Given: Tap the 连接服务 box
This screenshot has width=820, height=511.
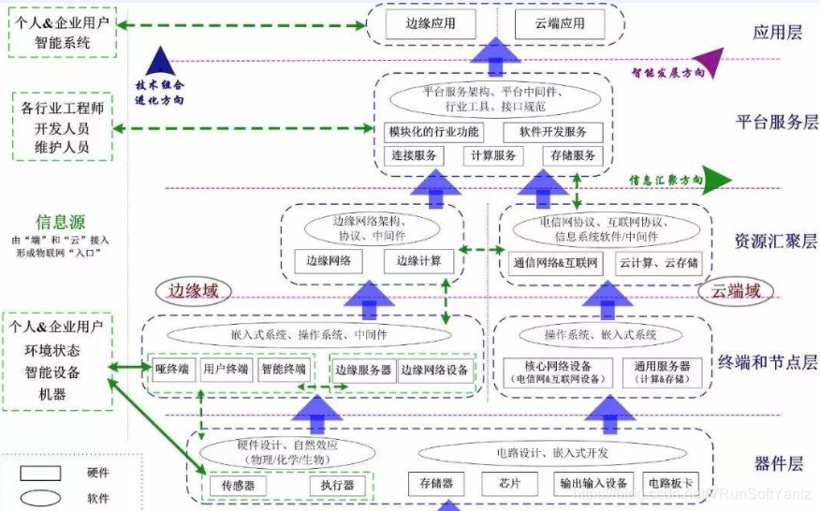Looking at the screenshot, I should [414, 155].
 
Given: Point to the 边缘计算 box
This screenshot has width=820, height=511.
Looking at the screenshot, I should [418, 261].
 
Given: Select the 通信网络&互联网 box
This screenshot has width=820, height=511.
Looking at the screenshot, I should [555, 263].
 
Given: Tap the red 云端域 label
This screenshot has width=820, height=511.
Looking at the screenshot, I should [730, 291].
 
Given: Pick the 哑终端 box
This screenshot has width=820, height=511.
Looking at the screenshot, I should [173, 370].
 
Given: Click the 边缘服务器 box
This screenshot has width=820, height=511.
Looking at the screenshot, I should [363, 370].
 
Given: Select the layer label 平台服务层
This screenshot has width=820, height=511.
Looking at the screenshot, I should [776, 122].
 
